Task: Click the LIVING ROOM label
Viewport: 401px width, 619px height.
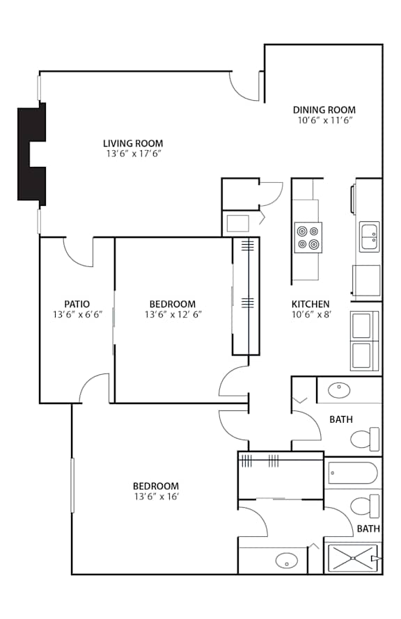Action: pos(133,143)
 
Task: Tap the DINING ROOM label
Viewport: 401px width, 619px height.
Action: pos(324,110)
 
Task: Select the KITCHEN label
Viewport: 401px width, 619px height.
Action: pos(310,304)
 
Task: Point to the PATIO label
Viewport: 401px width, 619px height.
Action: pos(77,304)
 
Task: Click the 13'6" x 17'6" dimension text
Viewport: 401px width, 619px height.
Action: pos(134,154)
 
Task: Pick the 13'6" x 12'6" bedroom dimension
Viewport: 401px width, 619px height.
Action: pos(173,314)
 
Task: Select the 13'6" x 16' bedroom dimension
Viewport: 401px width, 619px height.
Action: pos(157,497)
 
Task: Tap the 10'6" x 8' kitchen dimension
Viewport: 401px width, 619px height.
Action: pos(311,314)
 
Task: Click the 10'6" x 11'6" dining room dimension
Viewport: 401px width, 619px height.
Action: pos(324,120)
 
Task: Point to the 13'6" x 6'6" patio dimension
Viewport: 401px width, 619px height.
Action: pos(77,314)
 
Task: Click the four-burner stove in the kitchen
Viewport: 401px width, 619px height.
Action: pos(308,237)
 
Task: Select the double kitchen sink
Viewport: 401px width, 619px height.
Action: pos(370,236)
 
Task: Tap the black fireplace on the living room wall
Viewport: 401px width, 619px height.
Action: pos(32,154)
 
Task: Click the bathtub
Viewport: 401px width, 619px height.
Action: pos(353,472)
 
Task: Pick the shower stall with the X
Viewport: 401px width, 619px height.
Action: pos(353,558)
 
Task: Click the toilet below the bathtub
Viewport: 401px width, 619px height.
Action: pos(365,506)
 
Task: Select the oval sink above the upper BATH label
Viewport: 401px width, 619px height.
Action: pos(339,390)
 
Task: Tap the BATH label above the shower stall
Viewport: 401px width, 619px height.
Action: pos(368,529)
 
